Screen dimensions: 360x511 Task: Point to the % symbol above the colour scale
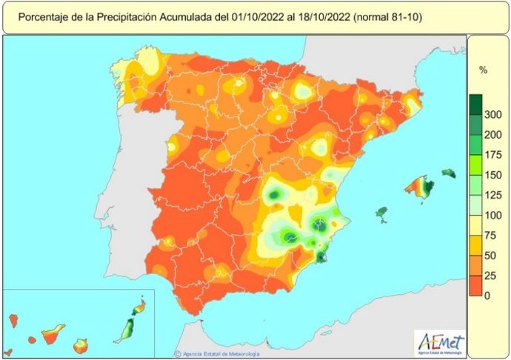(483, 70)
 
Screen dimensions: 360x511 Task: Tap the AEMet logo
(442, 342)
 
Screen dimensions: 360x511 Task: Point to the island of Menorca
(449, 173)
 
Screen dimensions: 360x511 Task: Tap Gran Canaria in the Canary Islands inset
(82, 344)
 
